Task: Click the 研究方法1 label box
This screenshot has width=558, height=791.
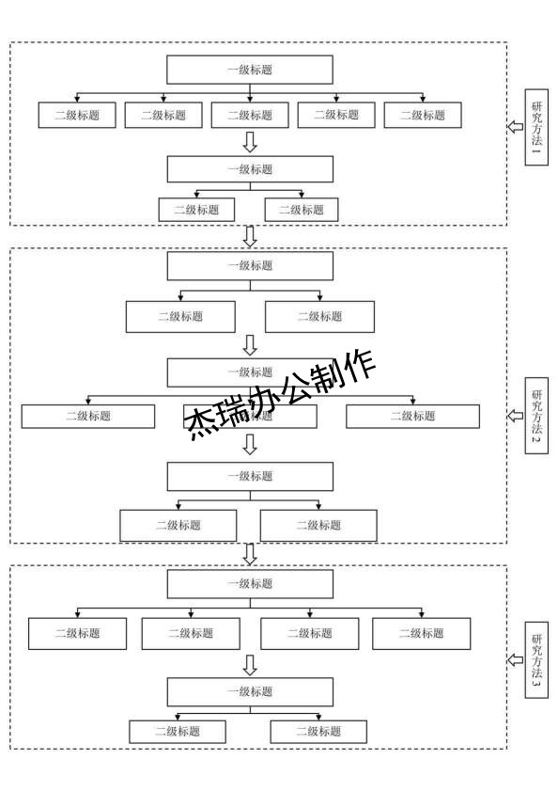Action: coord(536,127)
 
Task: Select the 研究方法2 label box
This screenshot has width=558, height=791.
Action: coord(536,415)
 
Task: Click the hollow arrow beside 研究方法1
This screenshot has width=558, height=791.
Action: coord(515,127)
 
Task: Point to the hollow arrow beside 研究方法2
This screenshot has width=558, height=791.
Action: coord(515,415)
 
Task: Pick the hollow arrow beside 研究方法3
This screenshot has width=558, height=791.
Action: coord(515,660)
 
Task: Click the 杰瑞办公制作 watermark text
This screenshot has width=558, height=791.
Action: coord(282,394)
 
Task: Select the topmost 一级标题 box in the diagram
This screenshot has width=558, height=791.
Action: coord(250,70)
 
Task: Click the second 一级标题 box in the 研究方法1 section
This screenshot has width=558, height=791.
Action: coord(250,169)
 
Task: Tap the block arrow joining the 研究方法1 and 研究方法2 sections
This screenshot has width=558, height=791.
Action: coord(250,236)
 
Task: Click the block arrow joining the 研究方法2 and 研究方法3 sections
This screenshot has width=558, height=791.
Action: coord(250,554)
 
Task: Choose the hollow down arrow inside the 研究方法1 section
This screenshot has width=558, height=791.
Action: coord(250,142)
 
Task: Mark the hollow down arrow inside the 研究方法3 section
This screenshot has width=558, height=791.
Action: coord(250,665)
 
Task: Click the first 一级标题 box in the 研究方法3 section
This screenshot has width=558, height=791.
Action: coord(250,583)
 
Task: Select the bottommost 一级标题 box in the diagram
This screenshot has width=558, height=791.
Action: coord(250,691)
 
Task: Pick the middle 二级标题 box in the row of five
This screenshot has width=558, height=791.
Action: coord(250,115)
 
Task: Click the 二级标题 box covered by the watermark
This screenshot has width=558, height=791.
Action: coord(250,416)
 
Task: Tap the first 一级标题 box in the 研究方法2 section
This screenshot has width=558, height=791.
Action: coord(250,265)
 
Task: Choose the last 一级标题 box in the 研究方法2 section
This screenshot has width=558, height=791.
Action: coord(250,476)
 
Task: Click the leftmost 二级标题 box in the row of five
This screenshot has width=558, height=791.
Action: coord(77,115)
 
